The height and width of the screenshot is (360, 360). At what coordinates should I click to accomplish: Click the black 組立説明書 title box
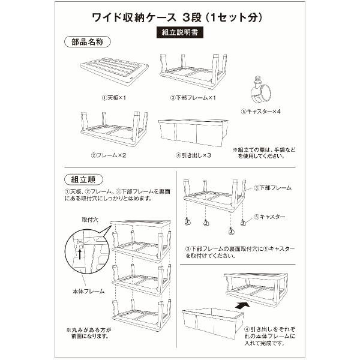pos(180,32)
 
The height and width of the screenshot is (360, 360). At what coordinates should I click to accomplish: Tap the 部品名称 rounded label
pos(88,42)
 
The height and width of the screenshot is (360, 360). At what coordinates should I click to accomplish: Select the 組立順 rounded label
pos(83,179)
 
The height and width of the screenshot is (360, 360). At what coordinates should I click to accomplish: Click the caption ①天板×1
pos(114,98)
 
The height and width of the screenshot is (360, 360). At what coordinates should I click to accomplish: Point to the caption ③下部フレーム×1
pos(193,98)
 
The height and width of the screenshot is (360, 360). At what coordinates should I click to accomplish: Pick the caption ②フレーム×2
pos(109,155)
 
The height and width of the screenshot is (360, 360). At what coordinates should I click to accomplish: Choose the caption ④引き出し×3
pos(193,155)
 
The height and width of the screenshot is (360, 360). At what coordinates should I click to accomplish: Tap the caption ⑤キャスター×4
pos(260,112)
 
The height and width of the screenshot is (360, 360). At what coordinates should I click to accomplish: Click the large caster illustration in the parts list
pos(261,91)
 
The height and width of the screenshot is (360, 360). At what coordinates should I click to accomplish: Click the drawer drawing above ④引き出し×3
pos(193,133)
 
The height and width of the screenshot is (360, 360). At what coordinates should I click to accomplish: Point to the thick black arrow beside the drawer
pos(242,306)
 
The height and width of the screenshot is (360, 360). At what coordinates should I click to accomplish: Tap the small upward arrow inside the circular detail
pos(80,254)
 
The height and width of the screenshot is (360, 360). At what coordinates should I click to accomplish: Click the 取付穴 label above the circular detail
pos(90,220)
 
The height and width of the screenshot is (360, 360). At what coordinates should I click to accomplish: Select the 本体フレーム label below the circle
pos(89,292)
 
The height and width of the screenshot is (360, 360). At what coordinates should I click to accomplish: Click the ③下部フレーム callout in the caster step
pos(272,188)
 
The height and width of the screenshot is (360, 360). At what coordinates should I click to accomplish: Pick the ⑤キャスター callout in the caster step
pos(269,217)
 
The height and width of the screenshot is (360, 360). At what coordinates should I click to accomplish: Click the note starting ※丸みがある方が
pos(89,333)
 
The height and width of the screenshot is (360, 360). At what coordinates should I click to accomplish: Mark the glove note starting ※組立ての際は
pos(264,153)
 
